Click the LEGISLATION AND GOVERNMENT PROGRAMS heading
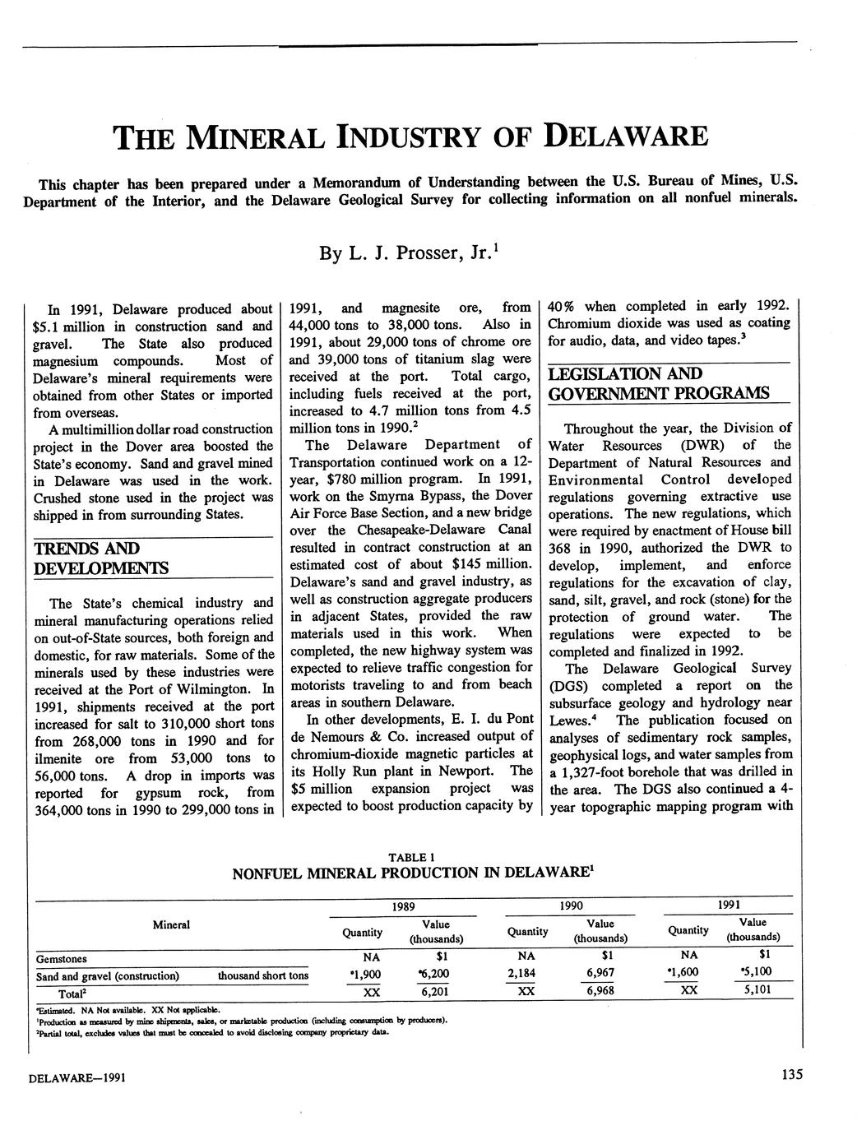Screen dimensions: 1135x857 tap(659, 384)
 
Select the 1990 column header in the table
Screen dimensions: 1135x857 tap(571, 906)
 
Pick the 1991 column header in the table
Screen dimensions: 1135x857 tap(729, 906)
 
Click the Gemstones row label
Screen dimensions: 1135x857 tap(62, 958)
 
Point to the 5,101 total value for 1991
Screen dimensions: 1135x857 tap(753, 991)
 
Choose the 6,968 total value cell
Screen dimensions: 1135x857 tap(600, 992)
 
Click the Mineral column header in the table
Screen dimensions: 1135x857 tap(172, 925)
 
